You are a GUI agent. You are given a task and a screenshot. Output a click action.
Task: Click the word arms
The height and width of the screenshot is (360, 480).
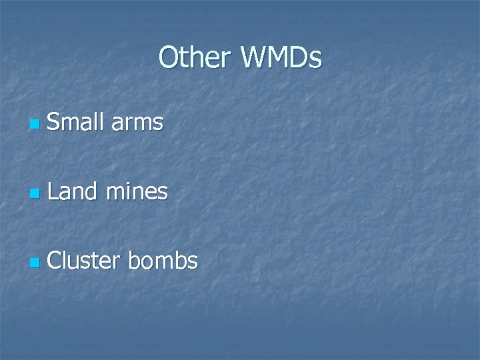137,123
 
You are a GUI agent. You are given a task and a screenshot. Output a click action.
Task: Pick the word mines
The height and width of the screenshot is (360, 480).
138,191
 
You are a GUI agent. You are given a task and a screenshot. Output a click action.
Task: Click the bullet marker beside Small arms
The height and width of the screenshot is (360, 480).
34,125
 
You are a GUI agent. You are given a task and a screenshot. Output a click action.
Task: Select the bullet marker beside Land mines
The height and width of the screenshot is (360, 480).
34,194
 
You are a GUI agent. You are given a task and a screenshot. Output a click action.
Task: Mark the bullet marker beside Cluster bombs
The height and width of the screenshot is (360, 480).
34,263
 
